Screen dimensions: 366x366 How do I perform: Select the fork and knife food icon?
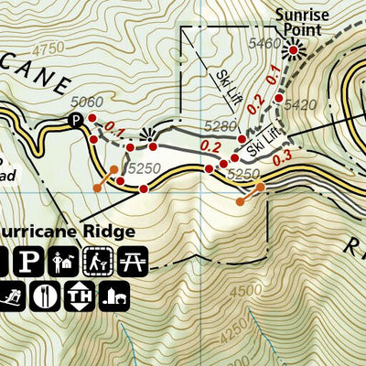coord(45,296)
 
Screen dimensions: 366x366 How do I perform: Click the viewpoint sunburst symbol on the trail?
coord(144,135)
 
